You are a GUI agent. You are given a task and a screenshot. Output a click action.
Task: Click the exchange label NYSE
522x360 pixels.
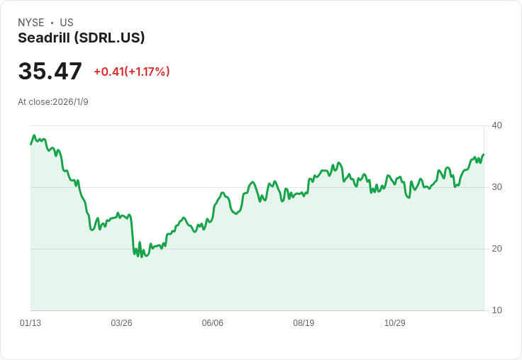[x=31, y=23]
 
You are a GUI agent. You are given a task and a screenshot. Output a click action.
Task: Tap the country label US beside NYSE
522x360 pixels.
[x=67, y=23]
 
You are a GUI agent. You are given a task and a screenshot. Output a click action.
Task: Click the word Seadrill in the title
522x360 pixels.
[x=44, y=38]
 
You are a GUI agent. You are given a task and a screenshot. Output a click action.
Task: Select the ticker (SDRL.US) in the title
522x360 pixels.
[x=109, y=38]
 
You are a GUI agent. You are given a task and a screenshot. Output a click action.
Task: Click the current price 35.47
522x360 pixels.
[x=50, y=71]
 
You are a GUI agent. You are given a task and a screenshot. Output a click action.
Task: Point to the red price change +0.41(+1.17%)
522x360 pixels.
[x=132, y=72]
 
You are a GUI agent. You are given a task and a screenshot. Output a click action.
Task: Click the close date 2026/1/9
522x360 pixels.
[x=71, y=102]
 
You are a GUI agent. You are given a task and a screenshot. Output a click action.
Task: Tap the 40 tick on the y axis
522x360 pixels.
[x=496, y=125]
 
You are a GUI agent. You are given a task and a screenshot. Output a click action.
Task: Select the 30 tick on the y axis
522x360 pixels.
[x=496, y=187]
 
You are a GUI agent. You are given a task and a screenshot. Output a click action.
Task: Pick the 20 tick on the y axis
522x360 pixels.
[x=496, y=249]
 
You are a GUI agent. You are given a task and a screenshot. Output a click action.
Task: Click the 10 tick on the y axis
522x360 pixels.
[x=496, y=310]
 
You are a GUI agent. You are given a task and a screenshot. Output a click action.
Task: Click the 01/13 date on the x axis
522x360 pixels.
[x=30, y=322]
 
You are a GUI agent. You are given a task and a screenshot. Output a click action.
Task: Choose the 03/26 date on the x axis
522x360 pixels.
[x=121, y=322]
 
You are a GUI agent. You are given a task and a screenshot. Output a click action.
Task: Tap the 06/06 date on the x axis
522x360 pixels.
[x=212, y=322]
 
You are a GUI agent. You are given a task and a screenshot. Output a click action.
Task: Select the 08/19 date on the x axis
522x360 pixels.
[x=304, y=322]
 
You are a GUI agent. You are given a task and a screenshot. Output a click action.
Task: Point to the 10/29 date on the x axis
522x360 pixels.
[x=395, y=322]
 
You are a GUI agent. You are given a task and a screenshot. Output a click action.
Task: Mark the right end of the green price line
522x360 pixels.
[x=484, y=154]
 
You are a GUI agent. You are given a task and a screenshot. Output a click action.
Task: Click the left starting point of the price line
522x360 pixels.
[x=30, y=144]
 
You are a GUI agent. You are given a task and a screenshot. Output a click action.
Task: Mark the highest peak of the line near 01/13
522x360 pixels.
[x=34, y=135]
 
